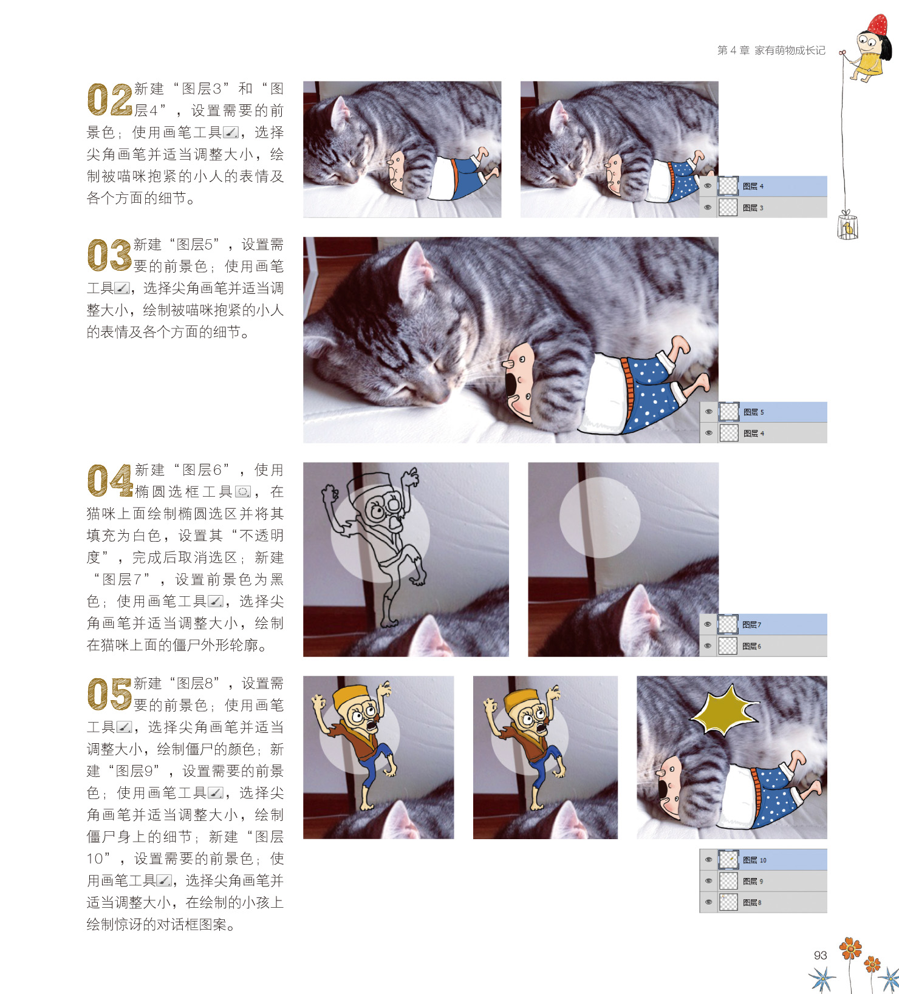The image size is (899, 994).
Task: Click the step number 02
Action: (110, 100)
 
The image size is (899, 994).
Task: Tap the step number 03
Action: (110, 256)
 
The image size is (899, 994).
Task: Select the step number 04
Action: (110, 481)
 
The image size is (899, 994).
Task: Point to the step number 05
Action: (110, 695)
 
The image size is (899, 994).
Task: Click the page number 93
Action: (820, 955)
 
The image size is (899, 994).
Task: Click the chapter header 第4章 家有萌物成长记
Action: (771, 50)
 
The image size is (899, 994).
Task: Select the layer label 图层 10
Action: (754, 860)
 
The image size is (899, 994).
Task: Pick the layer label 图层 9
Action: (753, 881)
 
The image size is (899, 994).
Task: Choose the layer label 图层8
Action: (752, 902)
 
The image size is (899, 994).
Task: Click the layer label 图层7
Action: (752, 624)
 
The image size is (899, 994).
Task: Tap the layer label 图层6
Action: (752, 646)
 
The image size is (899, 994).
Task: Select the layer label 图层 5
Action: (754, 412)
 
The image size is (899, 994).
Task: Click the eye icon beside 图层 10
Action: (708, 860)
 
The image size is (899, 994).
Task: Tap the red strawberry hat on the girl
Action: (877, 25)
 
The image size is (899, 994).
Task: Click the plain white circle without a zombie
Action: (600, 517)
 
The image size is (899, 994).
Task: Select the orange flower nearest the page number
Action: (850, 948)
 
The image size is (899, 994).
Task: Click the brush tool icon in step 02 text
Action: (231, 132)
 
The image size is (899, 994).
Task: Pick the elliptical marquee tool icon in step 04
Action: (243, 492)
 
